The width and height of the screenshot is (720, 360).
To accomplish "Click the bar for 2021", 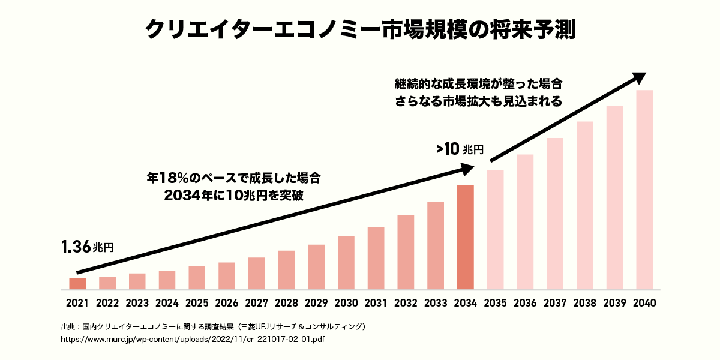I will pyautogui.click(x=77, y=283).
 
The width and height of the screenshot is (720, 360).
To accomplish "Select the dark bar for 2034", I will pyautogui.click(x=466, y=237).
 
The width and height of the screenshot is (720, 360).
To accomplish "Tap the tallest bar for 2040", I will pyautogui.click(x=644, y=190).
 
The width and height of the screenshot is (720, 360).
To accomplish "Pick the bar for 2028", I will pyautogui.click(x=286, y=269).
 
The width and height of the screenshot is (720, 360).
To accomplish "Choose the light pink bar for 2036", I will pyautogui.click(x=525, y=222).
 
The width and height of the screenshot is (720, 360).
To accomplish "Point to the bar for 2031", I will pyautogui.click(x=376, y=258).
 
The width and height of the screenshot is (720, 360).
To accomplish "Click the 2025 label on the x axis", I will pyautogui.click(x=197, y=303).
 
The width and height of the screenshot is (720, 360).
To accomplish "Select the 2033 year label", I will pyautogui.click(x=436, y=303).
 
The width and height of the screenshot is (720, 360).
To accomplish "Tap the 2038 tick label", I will pyautogui.click(x=585, y=303).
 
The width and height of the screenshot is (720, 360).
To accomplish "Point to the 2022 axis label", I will pyautogui.click(x=107, y=303).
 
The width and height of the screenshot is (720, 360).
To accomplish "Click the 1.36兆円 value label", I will pyautogui.click(x=86, y=246).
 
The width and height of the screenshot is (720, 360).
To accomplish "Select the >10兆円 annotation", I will pyautogui.click(x=460, y=149).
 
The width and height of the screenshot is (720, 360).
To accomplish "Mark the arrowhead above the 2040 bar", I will pyautogui.click(x=638, y=77).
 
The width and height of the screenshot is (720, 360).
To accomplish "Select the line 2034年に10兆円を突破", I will pyautogui.click(x=234, y=196).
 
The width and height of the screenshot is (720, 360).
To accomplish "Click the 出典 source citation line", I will pyautogui.click(x=213, y=327).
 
